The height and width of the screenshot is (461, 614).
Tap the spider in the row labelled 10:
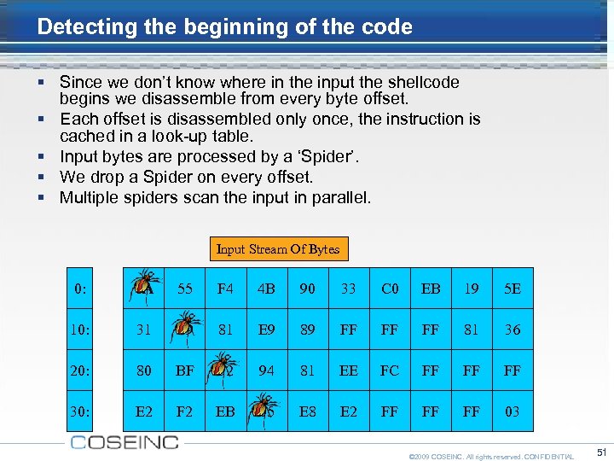(185, 326)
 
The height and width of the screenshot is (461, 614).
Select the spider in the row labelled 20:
(224, 367)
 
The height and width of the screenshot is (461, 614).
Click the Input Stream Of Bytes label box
(278, 249)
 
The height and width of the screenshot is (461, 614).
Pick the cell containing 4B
(266, 289)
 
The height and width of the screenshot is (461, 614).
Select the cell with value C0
(390, 289)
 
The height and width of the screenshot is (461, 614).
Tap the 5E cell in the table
(513, 289)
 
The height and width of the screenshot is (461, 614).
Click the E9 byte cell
(266, 330)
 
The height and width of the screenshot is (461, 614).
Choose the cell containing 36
(513, 330)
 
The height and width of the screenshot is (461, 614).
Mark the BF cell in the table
(184, 371)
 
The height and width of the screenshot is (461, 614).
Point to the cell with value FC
(390, 371)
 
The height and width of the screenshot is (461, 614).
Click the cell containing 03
(513, 411)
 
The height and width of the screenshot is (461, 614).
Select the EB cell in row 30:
(225, 411)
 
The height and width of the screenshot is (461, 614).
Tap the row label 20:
(80, 371)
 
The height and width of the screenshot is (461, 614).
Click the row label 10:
(80, 330)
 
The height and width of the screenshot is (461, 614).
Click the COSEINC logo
(125, 442)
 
